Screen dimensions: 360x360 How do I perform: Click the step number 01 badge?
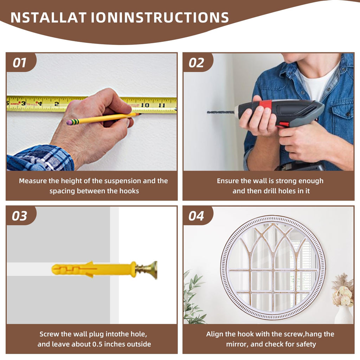coord(20,63)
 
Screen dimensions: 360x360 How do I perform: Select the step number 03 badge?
coord(20,216)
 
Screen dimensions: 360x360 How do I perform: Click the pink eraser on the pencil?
coord(69,122)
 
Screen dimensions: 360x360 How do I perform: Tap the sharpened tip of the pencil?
coord(140,114)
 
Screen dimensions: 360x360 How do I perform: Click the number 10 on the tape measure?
coord(145,105)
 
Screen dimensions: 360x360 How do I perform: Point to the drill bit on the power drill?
coord(221,112)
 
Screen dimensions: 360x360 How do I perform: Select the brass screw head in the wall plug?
coord(152,269)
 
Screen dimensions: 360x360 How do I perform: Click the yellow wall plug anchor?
coord(94,269)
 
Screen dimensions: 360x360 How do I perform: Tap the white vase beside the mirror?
coord(344,315)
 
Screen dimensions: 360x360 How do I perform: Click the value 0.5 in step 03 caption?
coord(98,344)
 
